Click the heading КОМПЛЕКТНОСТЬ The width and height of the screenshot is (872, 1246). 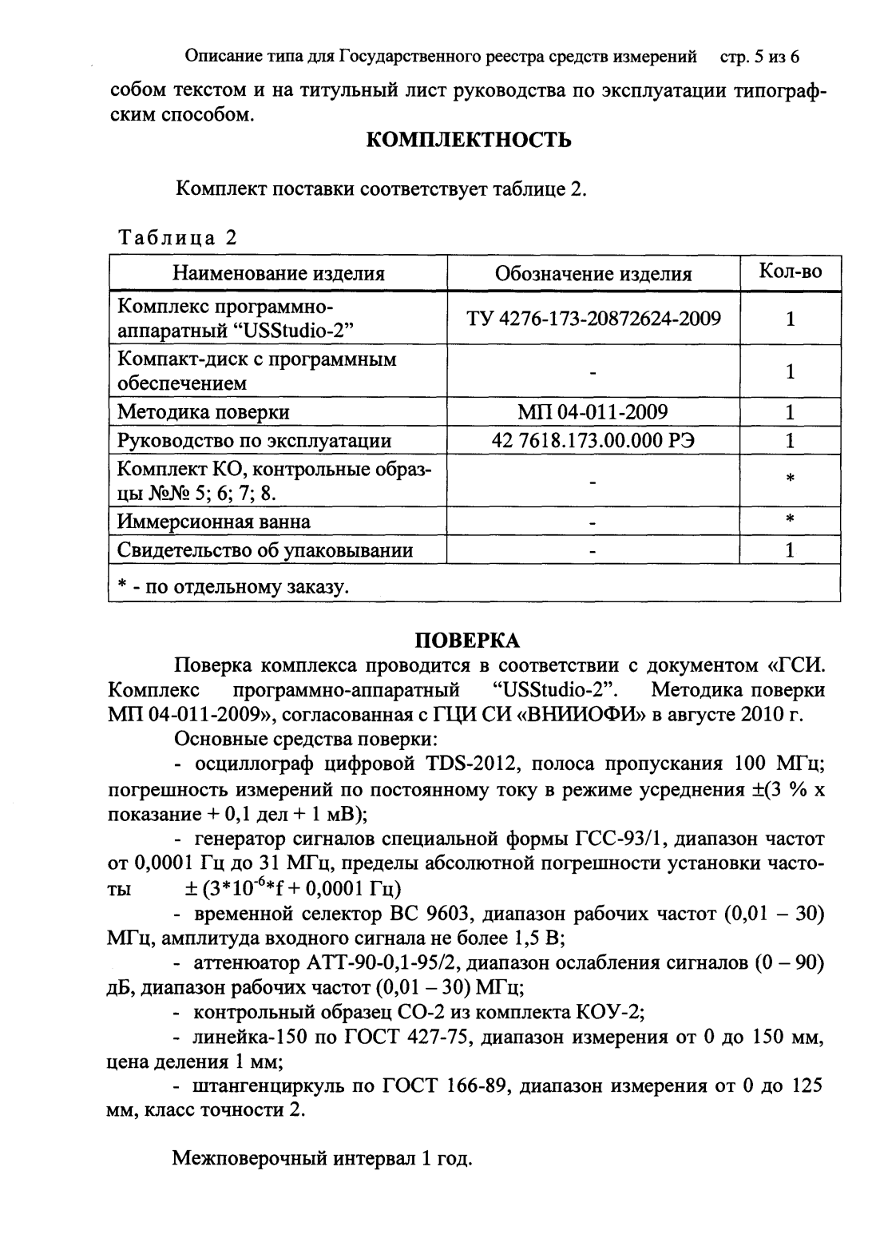click(469, 141)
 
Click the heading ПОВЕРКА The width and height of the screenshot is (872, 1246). click(469, 640)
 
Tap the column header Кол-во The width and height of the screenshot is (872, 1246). click(789, 272)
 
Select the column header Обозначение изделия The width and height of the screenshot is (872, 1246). click(593, 274)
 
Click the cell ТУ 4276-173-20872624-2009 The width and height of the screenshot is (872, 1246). click(593, 319)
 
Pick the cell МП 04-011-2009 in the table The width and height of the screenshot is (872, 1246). click(593, 412)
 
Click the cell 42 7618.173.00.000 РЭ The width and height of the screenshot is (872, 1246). click(593, 441)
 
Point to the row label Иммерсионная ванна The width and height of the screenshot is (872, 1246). click(214, 522)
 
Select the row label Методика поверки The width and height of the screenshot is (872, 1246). click(204, 412)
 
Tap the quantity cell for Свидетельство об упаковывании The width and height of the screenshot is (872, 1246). click(789, 550)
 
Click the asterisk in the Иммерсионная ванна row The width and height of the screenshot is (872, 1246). click(789, 520)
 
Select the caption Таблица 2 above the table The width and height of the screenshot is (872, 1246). click(177, 238)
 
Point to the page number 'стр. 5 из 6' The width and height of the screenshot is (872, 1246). click(759, 58)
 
